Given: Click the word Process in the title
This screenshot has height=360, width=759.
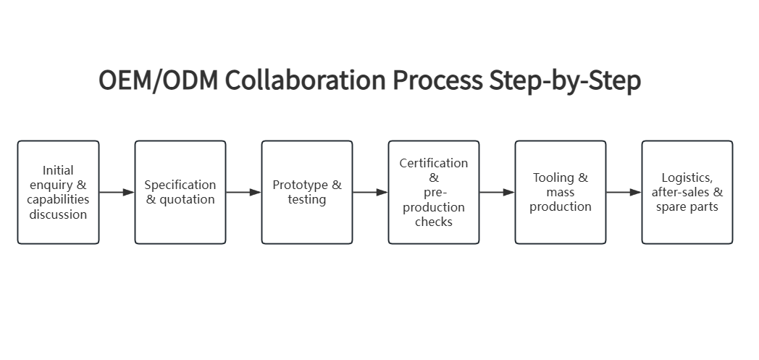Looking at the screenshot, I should click(x=437, y=80).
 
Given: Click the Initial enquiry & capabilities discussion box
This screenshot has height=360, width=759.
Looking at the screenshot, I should click(x=58, y=192).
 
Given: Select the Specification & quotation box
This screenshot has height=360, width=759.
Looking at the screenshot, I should click(x=180, y=192).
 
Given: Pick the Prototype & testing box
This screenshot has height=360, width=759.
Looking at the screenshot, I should click(x=307, y=192).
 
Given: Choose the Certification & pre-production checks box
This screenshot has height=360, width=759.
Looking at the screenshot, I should click(x=434, y=192).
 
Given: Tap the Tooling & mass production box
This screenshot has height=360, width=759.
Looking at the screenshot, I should click(x=561, y=192).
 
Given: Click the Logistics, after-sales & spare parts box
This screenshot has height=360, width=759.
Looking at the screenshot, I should click(x=687, y=192).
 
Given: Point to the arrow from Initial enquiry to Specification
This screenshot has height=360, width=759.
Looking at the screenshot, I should click(x=117, y=192).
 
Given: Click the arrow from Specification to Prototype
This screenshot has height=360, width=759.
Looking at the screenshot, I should click(x=243, y=192).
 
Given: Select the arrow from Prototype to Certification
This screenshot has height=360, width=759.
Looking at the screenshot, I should click(x=370, y=192).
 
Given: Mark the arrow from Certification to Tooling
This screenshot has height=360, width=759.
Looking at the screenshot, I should click(x=497, y=192).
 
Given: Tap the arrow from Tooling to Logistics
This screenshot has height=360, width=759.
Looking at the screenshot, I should click(x=624, y=192).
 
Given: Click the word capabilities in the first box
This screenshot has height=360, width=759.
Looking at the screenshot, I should click(x=58, y=200).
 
